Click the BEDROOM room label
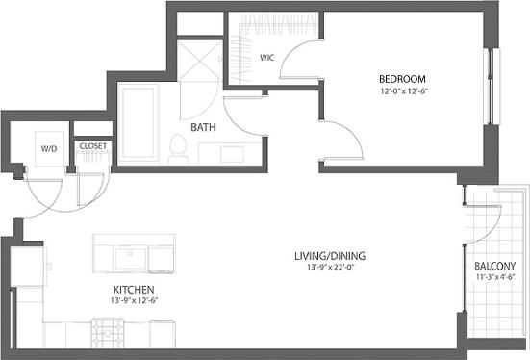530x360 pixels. coord(397,79)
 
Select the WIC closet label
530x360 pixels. coord(266,58)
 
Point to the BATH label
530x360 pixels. coord(202,127)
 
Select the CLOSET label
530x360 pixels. coord(92,147)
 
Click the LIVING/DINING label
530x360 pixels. coord(330,256)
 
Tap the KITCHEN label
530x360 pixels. coord(134,288)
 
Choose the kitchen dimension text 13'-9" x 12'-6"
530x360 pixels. coord(134,299)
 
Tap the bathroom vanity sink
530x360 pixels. coord(232,153)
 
